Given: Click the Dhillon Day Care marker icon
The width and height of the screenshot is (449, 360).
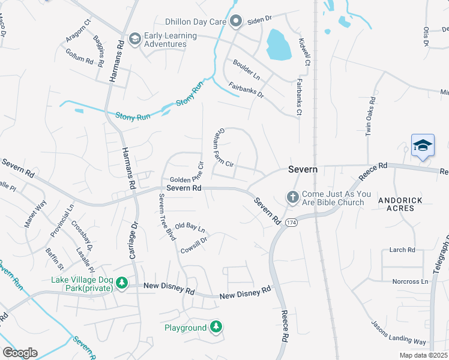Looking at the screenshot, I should click(x=237, y=22).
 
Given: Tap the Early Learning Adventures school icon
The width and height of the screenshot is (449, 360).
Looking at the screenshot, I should click(x=135, y=39).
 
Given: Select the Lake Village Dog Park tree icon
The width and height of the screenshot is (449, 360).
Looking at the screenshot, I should click(x=122, y=282).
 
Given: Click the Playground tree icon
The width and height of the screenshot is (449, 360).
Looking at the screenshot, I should click(x=216, y=327).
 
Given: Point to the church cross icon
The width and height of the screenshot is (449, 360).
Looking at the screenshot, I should click(x=292, y=197).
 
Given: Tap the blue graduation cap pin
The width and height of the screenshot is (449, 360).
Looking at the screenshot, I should click(x=423, y=146).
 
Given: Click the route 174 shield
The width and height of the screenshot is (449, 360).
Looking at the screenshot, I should click(x=291, y=223).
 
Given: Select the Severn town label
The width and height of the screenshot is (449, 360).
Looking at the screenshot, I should click(x=303, y=170).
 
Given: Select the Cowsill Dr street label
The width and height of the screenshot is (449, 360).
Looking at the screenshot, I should click(x=194, y=245).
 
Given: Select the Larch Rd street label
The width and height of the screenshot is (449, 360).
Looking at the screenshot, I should click(x=402, y=250).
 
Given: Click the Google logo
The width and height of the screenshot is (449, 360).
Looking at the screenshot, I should click(x=20, y=353).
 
